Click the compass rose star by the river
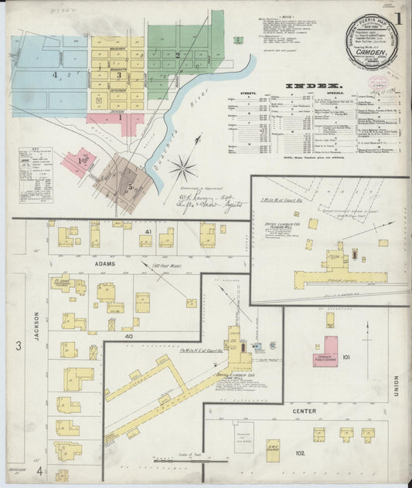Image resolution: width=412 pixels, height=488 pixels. coord(183,166)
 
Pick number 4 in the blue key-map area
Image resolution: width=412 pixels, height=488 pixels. coord(55,75)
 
